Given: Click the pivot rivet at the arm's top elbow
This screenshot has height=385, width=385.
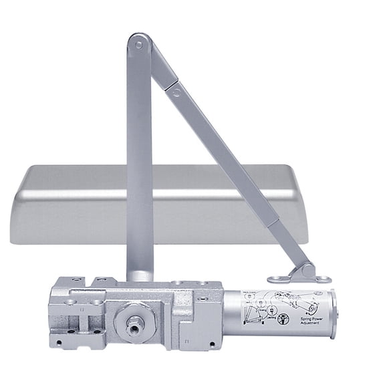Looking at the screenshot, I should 138,45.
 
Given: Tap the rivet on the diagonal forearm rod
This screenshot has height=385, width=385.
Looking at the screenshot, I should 176,93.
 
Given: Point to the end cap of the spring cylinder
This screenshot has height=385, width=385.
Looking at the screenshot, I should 332,313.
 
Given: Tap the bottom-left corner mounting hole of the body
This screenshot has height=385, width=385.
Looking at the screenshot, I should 59,343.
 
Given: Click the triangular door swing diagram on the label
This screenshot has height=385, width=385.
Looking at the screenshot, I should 254,314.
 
